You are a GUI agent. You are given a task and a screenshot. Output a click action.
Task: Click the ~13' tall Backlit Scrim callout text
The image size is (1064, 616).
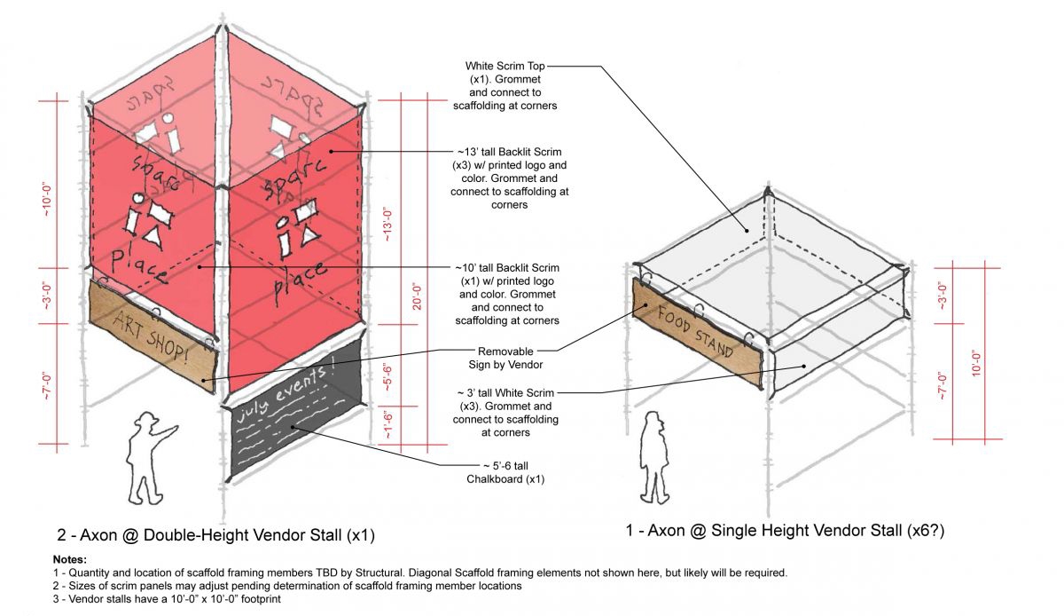(507, 178)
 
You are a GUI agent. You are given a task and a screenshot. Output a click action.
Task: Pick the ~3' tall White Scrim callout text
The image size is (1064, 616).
(506, 412)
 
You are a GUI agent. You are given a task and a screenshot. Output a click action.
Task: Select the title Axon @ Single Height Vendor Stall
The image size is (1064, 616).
(781, 530)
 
